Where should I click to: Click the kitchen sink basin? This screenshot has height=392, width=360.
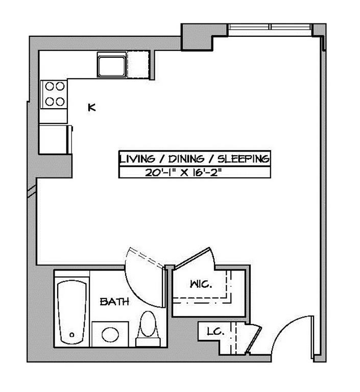click(112, 65)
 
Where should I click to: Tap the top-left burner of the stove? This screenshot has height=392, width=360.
click(50, 86)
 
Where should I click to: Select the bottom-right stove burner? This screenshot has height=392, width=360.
click(61, 101)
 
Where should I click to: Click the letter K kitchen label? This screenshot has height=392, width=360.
click(92, 107)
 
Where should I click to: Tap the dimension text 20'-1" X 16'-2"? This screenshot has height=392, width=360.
click(185, 172)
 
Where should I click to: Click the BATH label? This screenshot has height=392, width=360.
click(114, 302)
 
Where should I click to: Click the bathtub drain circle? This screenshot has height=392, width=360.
click(72, 335)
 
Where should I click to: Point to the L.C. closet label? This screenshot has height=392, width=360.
click(215, 332)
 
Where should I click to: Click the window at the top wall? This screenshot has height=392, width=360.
click(270, 27)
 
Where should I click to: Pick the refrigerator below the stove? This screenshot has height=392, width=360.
click(54, 138)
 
